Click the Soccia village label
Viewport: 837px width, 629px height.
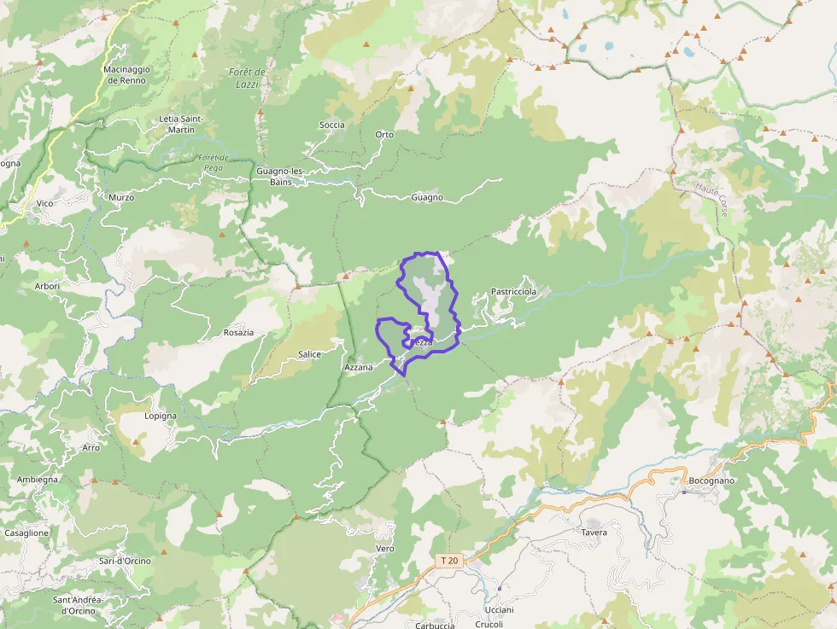pyautogui.click(x=331, y=125)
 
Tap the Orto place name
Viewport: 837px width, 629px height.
pyautogui.click(x=384, y=135)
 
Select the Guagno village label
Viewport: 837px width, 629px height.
pyautogui.click(x=427, y=197)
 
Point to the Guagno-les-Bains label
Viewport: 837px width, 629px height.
pyautogui.click(x=280, y=177)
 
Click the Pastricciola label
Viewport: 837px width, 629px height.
pyautogui.click(x=513, y=292)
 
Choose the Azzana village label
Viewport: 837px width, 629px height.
pyautogui.click(x=359, y=367)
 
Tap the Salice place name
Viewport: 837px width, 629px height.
pyautogui.click(x=309, y=354)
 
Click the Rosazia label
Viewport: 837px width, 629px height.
pyautogui.click(x=238, y=332)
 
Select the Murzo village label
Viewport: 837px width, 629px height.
pyautogui.click(x=121, y=197)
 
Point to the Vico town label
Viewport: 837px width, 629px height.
pyautogui.click(x=45, y=204)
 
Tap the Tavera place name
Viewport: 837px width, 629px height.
pyautogui.click(x=594, y=533)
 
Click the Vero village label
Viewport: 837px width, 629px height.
pyautogui.click(x=385, y=549)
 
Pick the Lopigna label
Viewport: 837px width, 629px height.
pyautogui.click(x=161, y=416)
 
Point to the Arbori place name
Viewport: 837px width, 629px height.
pyautogui.click(x=48, y=286)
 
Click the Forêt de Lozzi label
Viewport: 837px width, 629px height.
pyautogui.click(x=248, y=78)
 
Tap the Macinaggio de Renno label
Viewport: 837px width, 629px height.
pyautogui.click(x=126, y=74)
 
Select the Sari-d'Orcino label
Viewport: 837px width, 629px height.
pyautogui.click(x=125, y=561)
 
